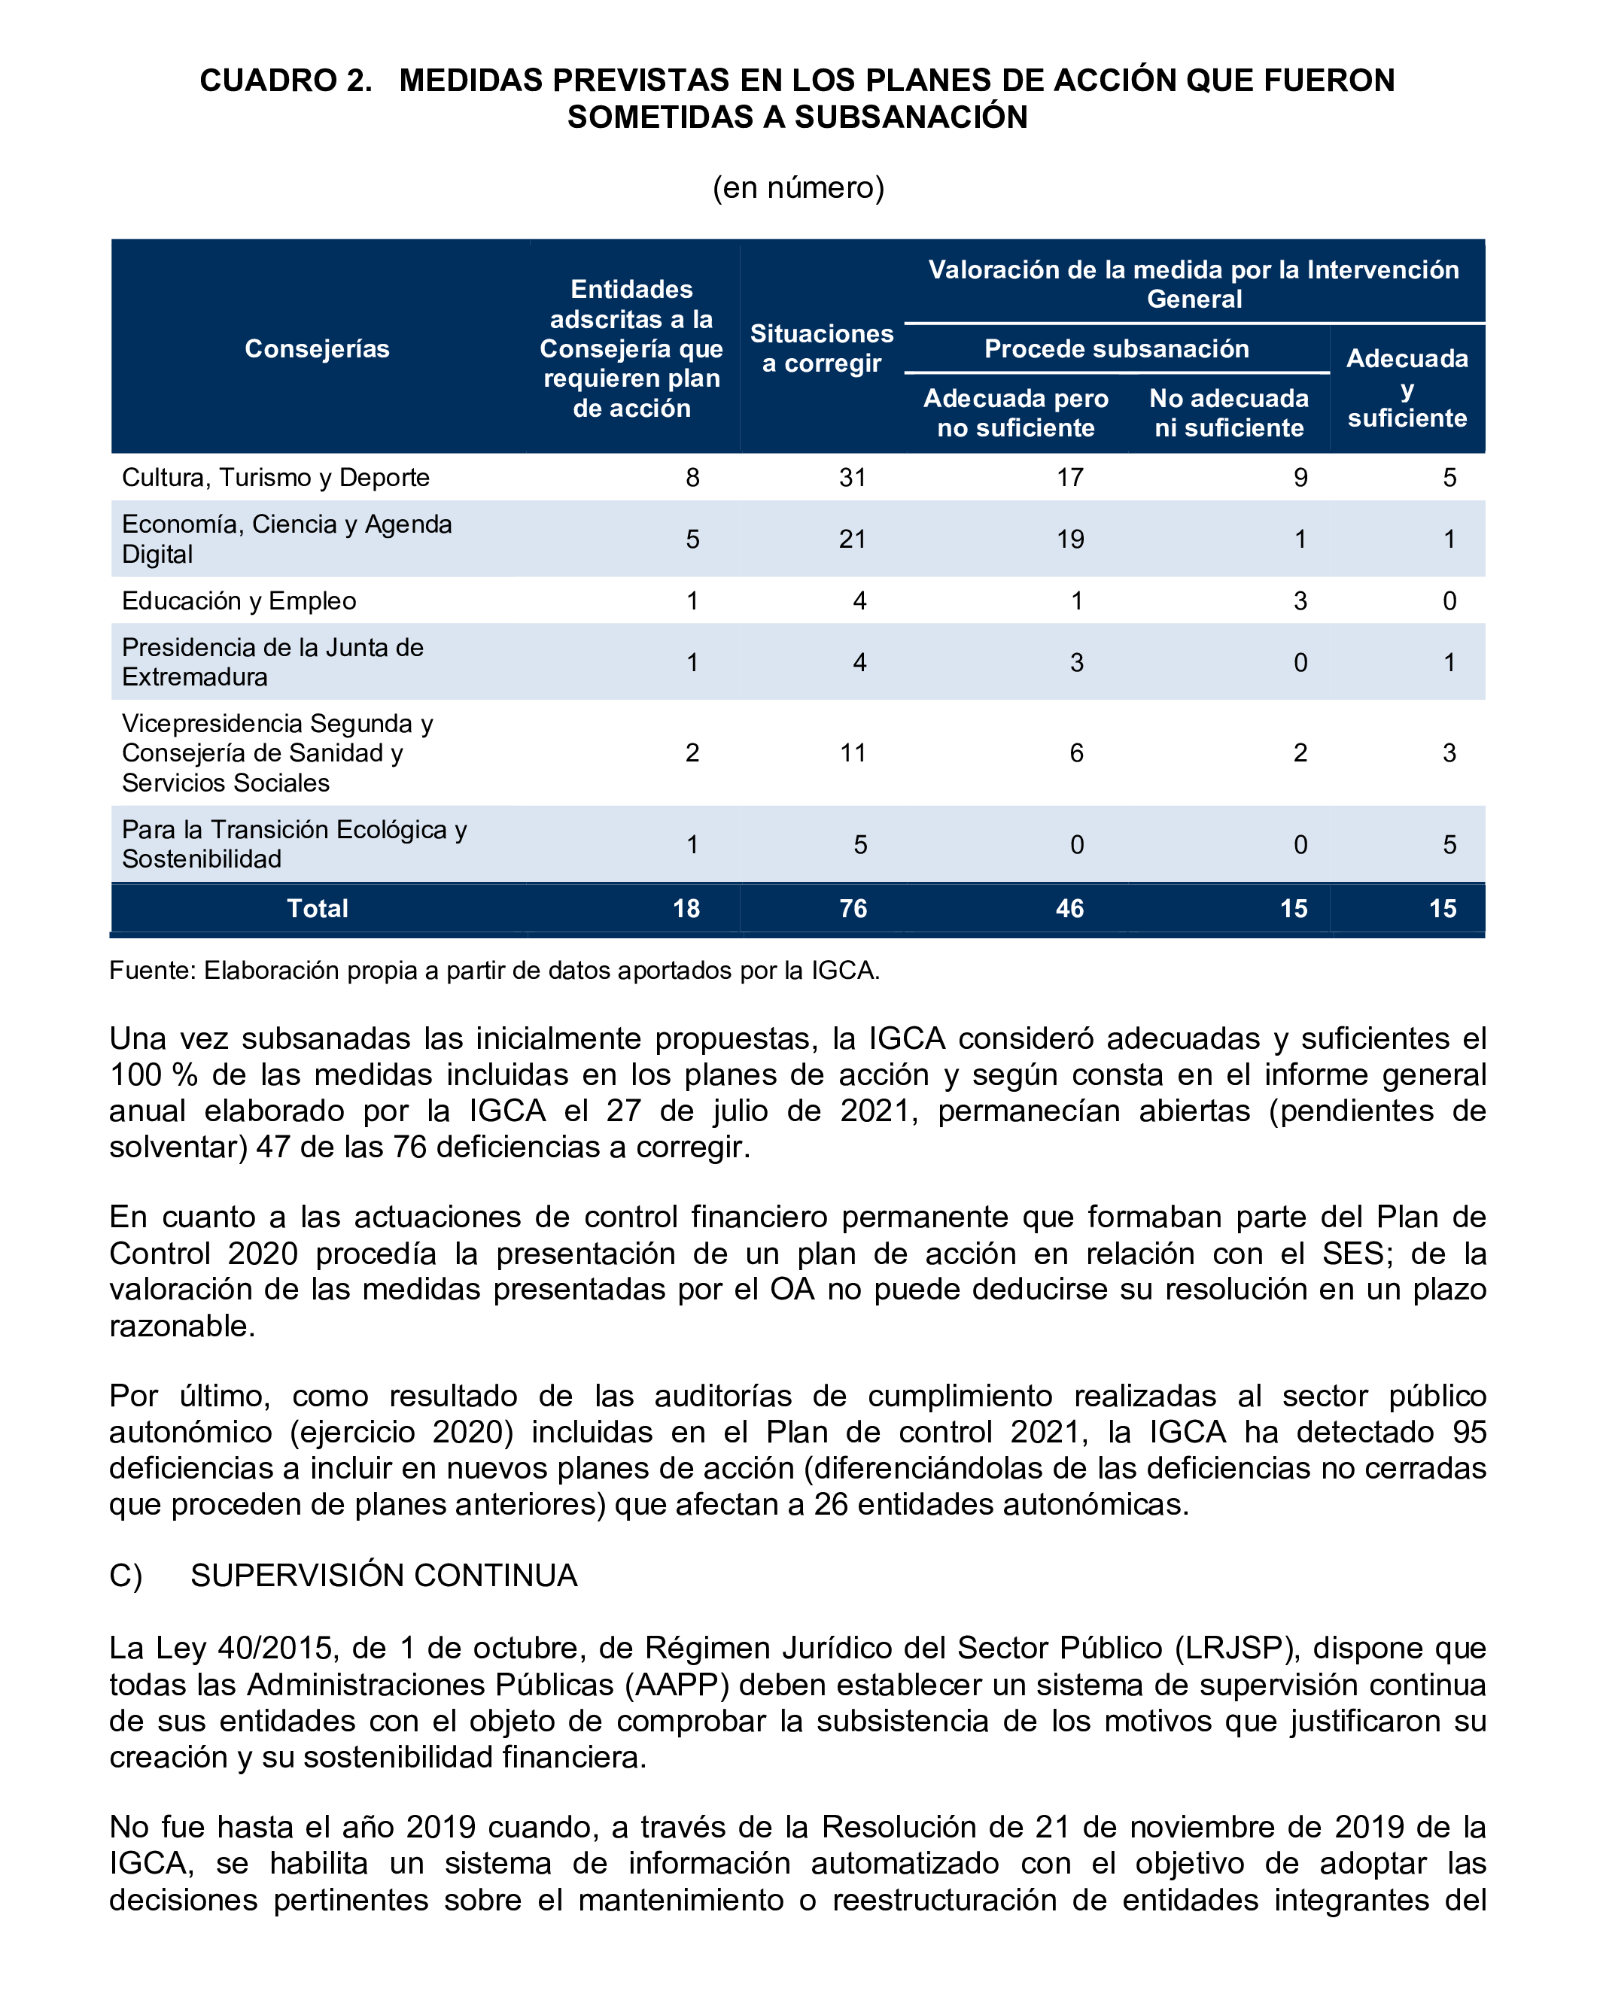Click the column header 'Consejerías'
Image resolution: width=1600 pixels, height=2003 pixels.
coord(317,348)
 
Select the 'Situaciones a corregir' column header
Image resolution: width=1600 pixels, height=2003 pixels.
coord(821,348)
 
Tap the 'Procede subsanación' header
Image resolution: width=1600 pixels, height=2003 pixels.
coord(1116,348)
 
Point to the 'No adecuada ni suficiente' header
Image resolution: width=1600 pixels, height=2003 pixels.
coord(1228,412)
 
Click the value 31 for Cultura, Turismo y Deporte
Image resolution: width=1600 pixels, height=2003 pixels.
coord(852,478)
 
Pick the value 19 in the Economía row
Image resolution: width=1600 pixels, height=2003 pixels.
coord(1069,539)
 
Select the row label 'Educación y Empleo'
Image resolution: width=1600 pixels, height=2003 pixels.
coord(239,600)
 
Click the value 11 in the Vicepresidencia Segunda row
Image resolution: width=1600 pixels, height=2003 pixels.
coord(852,752)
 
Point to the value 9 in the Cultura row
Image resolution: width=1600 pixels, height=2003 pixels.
coord(1300,478)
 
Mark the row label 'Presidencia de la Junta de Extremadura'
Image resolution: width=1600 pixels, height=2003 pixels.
coord(272,661)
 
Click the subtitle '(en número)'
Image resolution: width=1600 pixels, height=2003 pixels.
coord(798,187)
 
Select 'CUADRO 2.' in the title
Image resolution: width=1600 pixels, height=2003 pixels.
coord(285,81)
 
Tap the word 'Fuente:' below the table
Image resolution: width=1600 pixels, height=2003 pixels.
coord(152,970)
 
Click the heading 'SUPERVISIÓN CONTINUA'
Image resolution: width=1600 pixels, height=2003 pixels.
coord(384,1576)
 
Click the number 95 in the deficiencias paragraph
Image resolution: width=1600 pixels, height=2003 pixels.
coord(1469,1432)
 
